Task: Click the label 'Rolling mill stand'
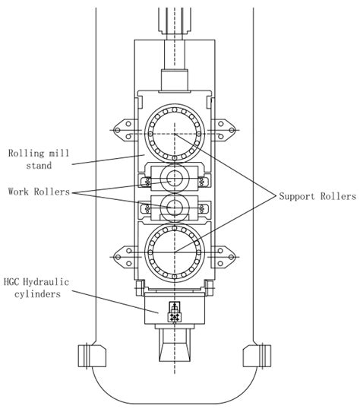click(38, 159)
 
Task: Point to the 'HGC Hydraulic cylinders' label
click(38, 288)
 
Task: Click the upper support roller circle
click(174, 125)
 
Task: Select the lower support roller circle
click(174, 252)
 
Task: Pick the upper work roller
click(174, 179)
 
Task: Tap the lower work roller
click(174, 207)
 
